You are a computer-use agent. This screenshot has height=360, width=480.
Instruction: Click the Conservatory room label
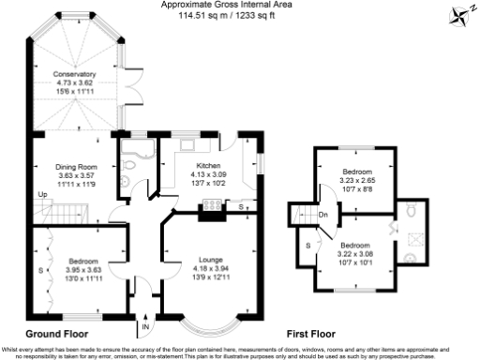75,73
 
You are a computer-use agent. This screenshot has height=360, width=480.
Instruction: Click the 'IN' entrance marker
145,327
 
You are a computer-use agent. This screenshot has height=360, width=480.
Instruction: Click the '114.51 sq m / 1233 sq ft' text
240,13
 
